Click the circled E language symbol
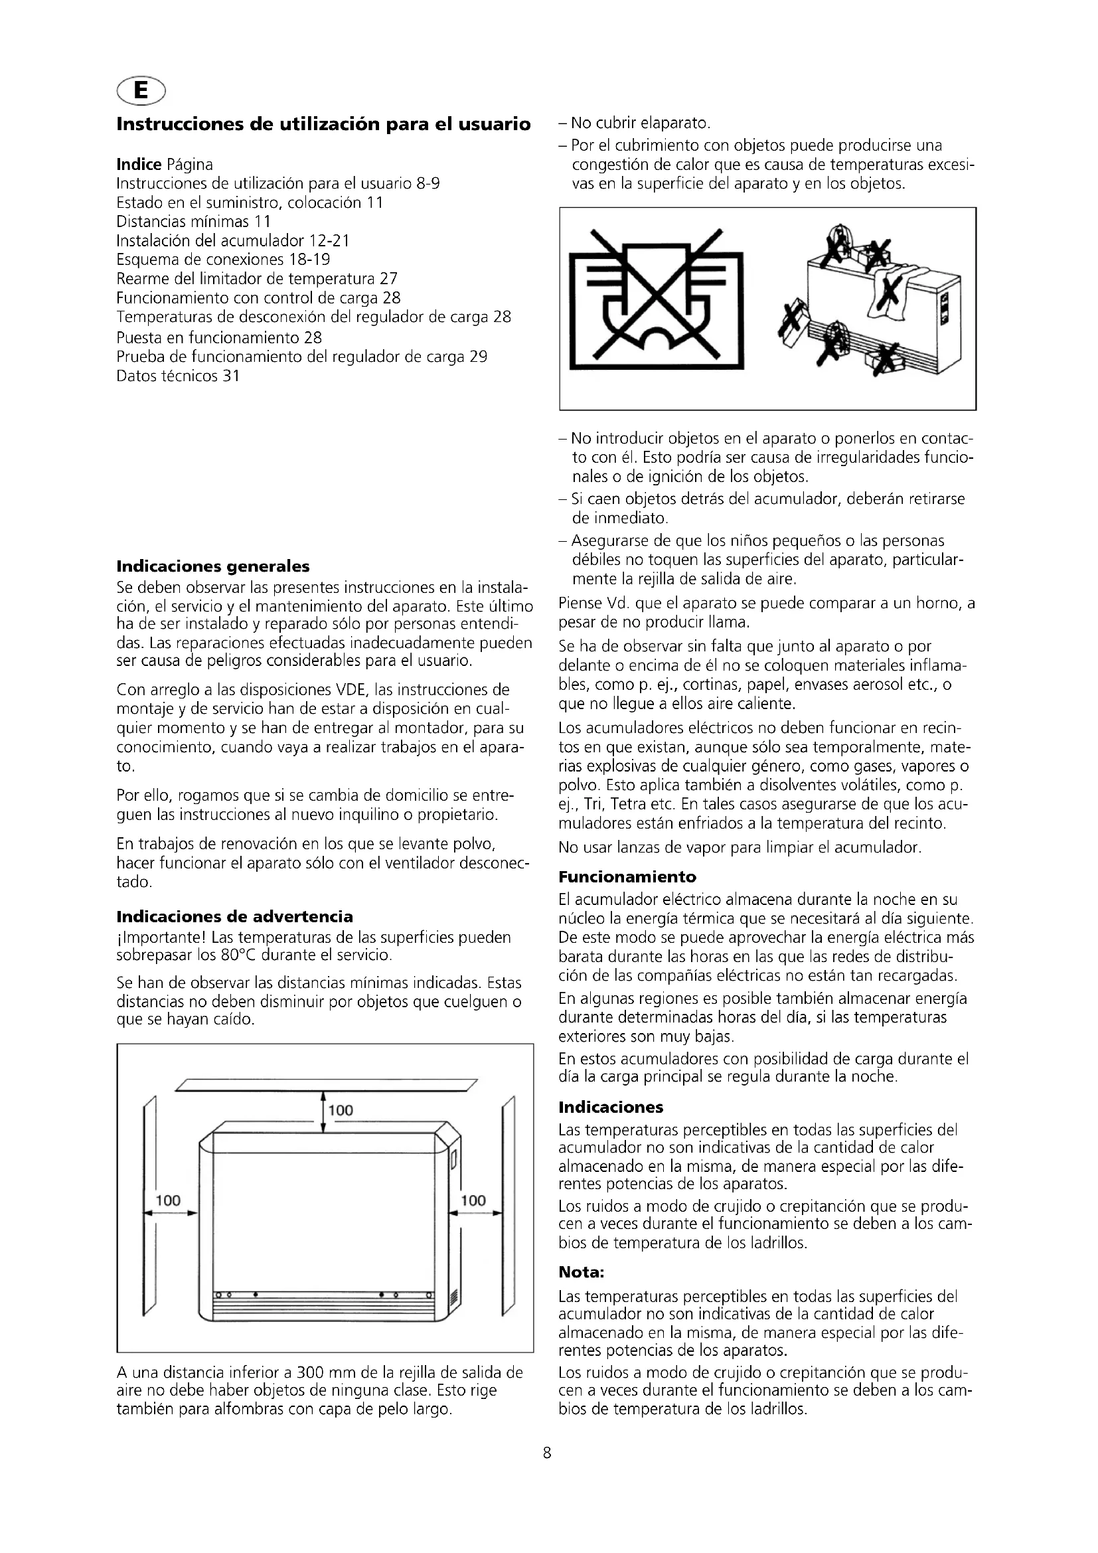(x=141, y=91)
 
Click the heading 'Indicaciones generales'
(x=213, y=566)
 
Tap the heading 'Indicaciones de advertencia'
(x=234, y=916)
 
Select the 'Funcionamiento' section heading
(x=627, y=876)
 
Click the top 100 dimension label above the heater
(x=340, y=1110)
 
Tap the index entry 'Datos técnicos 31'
(x=178, y=375)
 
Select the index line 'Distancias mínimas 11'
(x=193, y=221)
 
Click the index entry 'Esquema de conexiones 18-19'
(x=223, y=259)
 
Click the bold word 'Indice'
(x=139, y=165)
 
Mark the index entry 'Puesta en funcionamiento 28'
(x=219, y=337)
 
